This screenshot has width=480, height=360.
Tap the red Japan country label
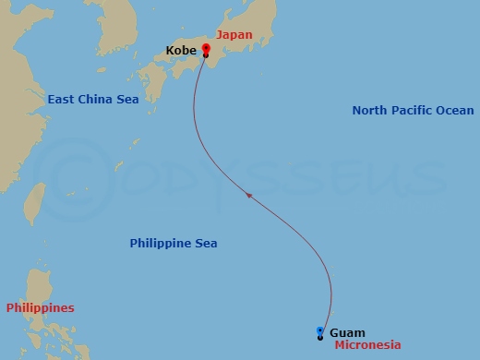(x=234, y=35)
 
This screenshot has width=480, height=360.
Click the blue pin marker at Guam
(x=319, y=332)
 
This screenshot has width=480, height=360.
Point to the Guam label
(x=347, y=332)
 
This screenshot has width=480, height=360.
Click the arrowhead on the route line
(x=248, y=195)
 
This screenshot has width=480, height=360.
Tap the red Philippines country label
(x=40, y=307)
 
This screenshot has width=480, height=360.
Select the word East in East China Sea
(x=61, y=99)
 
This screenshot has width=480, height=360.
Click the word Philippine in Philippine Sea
(x=161, y=244)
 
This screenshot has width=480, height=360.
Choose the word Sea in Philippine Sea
(x=206, y=244)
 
